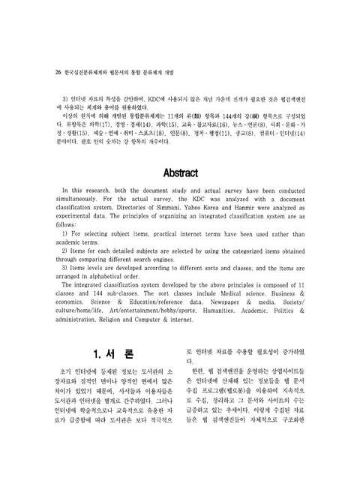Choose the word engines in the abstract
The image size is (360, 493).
point(171,260)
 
